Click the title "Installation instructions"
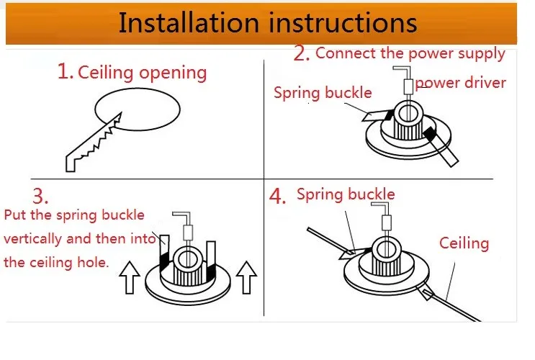pos(268,22)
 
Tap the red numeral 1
pos(64,71)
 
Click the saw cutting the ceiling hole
pos(93,143)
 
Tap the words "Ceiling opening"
pos(143,73)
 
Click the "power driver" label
pos(461,83)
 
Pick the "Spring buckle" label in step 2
pos(323,92)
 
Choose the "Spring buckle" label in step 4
pos(346,194)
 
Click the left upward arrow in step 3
pos(130,277)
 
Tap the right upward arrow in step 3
pos(246,277)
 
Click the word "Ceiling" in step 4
pos(464,243)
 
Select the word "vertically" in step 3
pos(32,239)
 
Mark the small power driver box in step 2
pos(408,86)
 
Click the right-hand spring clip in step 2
pos(441,147)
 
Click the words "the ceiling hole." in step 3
pos(56,262)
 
